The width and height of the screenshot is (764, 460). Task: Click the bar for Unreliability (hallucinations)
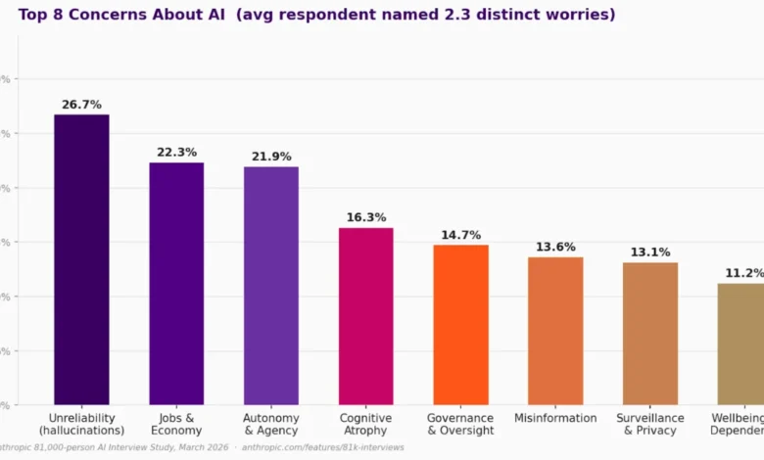[81, 259]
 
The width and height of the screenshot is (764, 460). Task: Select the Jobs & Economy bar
[176, 283]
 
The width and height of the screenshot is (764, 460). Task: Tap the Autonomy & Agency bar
[271, 285]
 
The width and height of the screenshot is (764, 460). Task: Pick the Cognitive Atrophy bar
[366, 316]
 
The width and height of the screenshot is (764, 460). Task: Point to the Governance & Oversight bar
[460, 324]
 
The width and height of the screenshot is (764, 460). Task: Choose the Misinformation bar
[555, 330]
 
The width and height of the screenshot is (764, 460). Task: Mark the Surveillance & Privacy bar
[650, 333]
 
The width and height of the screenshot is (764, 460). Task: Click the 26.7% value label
[81, 104]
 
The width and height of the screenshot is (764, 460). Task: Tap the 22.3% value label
[176, 152]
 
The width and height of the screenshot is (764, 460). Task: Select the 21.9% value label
[271, 157]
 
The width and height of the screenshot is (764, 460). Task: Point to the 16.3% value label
[366, 217]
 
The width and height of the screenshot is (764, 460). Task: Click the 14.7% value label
[460, 235]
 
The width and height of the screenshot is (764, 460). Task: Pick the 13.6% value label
[555, 247]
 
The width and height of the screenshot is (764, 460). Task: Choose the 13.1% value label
[650, 252]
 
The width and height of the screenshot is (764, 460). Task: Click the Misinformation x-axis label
[555, 418]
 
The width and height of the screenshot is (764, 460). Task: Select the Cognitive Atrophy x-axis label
[366, 424]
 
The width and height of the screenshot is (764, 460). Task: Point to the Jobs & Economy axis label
[176, 424]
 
